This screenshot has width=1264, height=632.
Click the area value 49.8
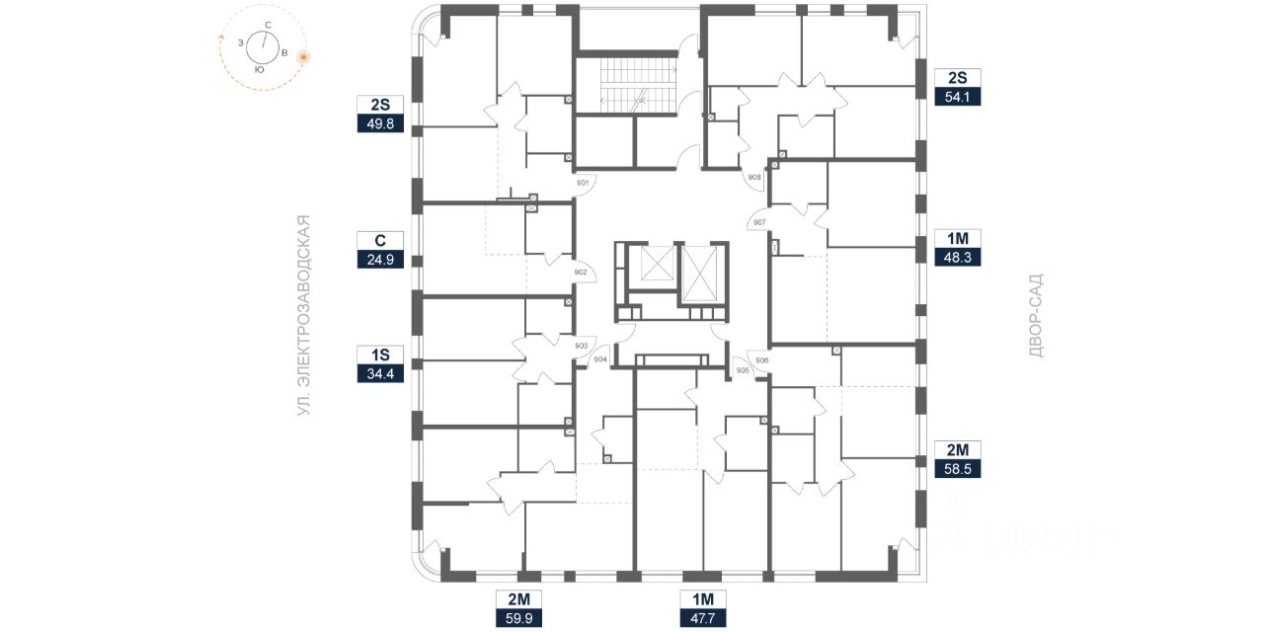click(380, 124)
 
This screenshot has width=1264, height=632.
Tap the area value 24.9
click(380, 261)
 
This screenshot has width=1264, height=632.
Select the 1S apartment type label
click(380, 355)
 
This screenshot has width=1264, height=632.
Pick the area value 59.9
click(519, 619)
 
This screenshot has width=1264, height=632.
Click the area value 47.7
click(703, 619)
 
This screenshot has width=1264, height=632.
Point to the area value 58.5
click(958, 470)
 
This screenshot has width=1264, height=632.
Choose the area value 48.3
click(958, 258)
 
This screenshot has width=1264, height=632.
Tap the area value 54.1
click(958, 96)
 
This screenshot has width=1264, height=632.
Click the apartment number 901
click(583, 183)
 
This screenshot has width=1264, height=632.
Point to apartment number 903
click(581, 346)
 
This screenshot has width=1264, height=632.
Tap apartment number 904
click(599, 360)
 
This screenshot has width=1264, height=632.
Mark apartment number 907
click(759, 222)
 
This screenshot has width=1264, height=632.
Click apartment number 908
click(754, 178)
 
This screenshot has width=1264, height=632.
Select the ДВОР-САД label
click(1035, 316)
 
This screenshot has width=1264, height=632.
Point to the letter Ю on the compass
click(258, 70)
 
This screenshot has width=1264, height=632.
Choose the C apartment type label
click(380, 240)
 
